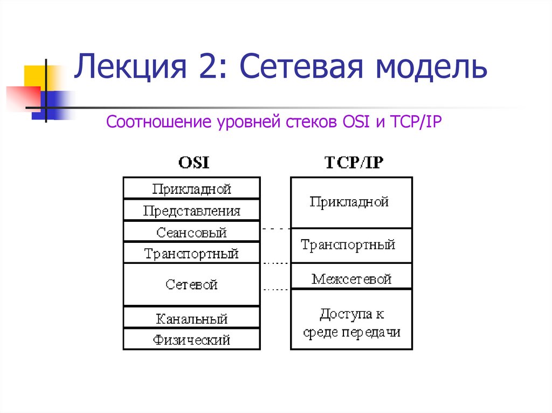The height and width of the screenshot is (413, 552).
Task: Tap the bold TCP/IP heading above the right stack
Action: coord(354,162)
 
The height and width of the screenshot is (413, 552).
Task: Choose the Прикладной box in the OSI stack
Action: coord(191,189)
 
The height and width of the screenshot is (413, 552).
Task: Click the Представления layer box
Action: coord(191,211)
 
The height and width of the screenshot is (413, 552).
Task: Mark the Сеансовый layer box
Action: coord(191,232)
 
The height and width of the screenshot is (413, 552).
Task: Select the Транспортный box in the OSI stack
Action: coord(191,253)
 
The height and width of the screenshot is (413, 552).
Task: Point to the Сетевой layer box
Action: coord(191,284)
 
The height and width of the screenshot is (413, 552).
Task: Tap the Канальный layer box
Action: coord(191,318)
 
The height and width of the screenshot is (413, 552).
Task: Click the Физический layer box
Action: coord(191,340)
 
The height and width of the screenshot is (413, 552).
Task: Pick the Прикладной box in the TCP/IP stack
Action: coord(350,202)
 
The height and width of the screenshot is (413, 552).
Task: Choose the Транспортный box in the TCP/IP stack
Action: coord(350,245)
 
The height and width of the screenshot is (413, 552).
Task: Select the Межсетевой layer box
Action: coord(350,278)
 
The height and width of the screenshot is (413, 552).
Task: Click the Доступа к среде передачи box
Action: coord(350,321)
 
